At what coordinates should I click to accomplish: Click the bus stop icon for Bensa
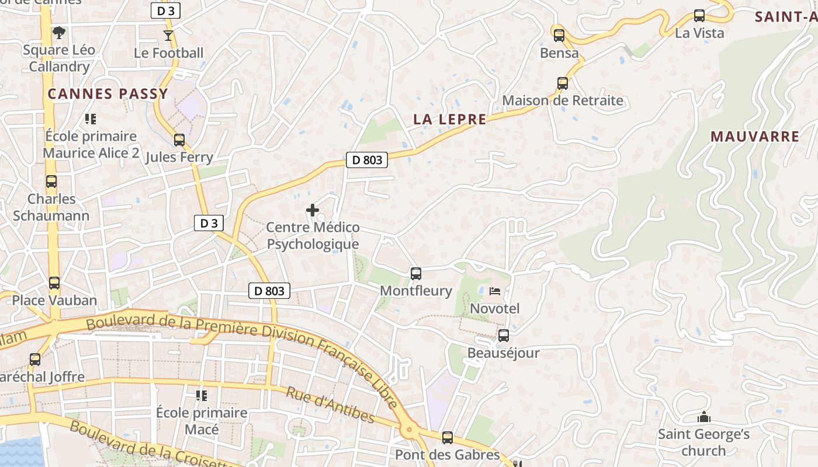[x=559, y=36]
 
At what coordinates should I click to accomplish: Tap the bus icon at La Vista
[x=699, y=16]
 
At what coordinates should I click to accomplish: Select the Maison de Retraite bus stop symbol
[x=563, y=83]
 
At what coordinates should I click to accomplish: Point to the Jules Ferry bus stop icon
[x=179, y=140]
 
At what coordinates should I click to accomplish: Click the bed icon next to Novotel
[x=495, y=291]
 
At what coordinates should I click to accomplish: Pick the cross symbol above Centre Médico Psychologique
[x=313, y=210]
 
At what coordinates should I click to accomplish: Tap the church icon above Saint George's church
[x=704, y=417]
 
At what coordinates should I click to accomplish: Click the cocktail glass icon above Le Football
[x=168, y=36]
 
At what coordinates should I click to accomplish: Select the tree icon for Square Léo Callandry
[x=58, y=33]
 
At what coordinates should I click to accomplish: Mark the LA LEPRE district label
[x=450, y=120]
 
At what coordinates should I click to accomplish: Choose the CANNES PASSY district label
[x=108, y=93]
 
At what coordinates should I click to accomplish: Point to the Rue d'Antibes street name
[x=330, y=404]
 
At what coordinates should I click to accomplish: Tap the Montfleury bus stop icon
[x=416, y=273]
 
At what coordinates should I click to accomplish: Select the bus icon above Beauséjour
[x=503, y=336]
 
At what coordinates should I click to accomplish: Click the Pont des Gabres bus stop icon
[x=448, y=437]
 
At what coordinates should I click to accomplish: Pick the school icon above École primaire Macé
[x=202, y=396]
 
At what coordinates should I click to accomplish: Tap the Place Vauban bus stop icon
[x=54, y=283]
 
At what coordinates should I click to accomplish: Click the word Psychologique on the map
[x=313, y=244]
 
